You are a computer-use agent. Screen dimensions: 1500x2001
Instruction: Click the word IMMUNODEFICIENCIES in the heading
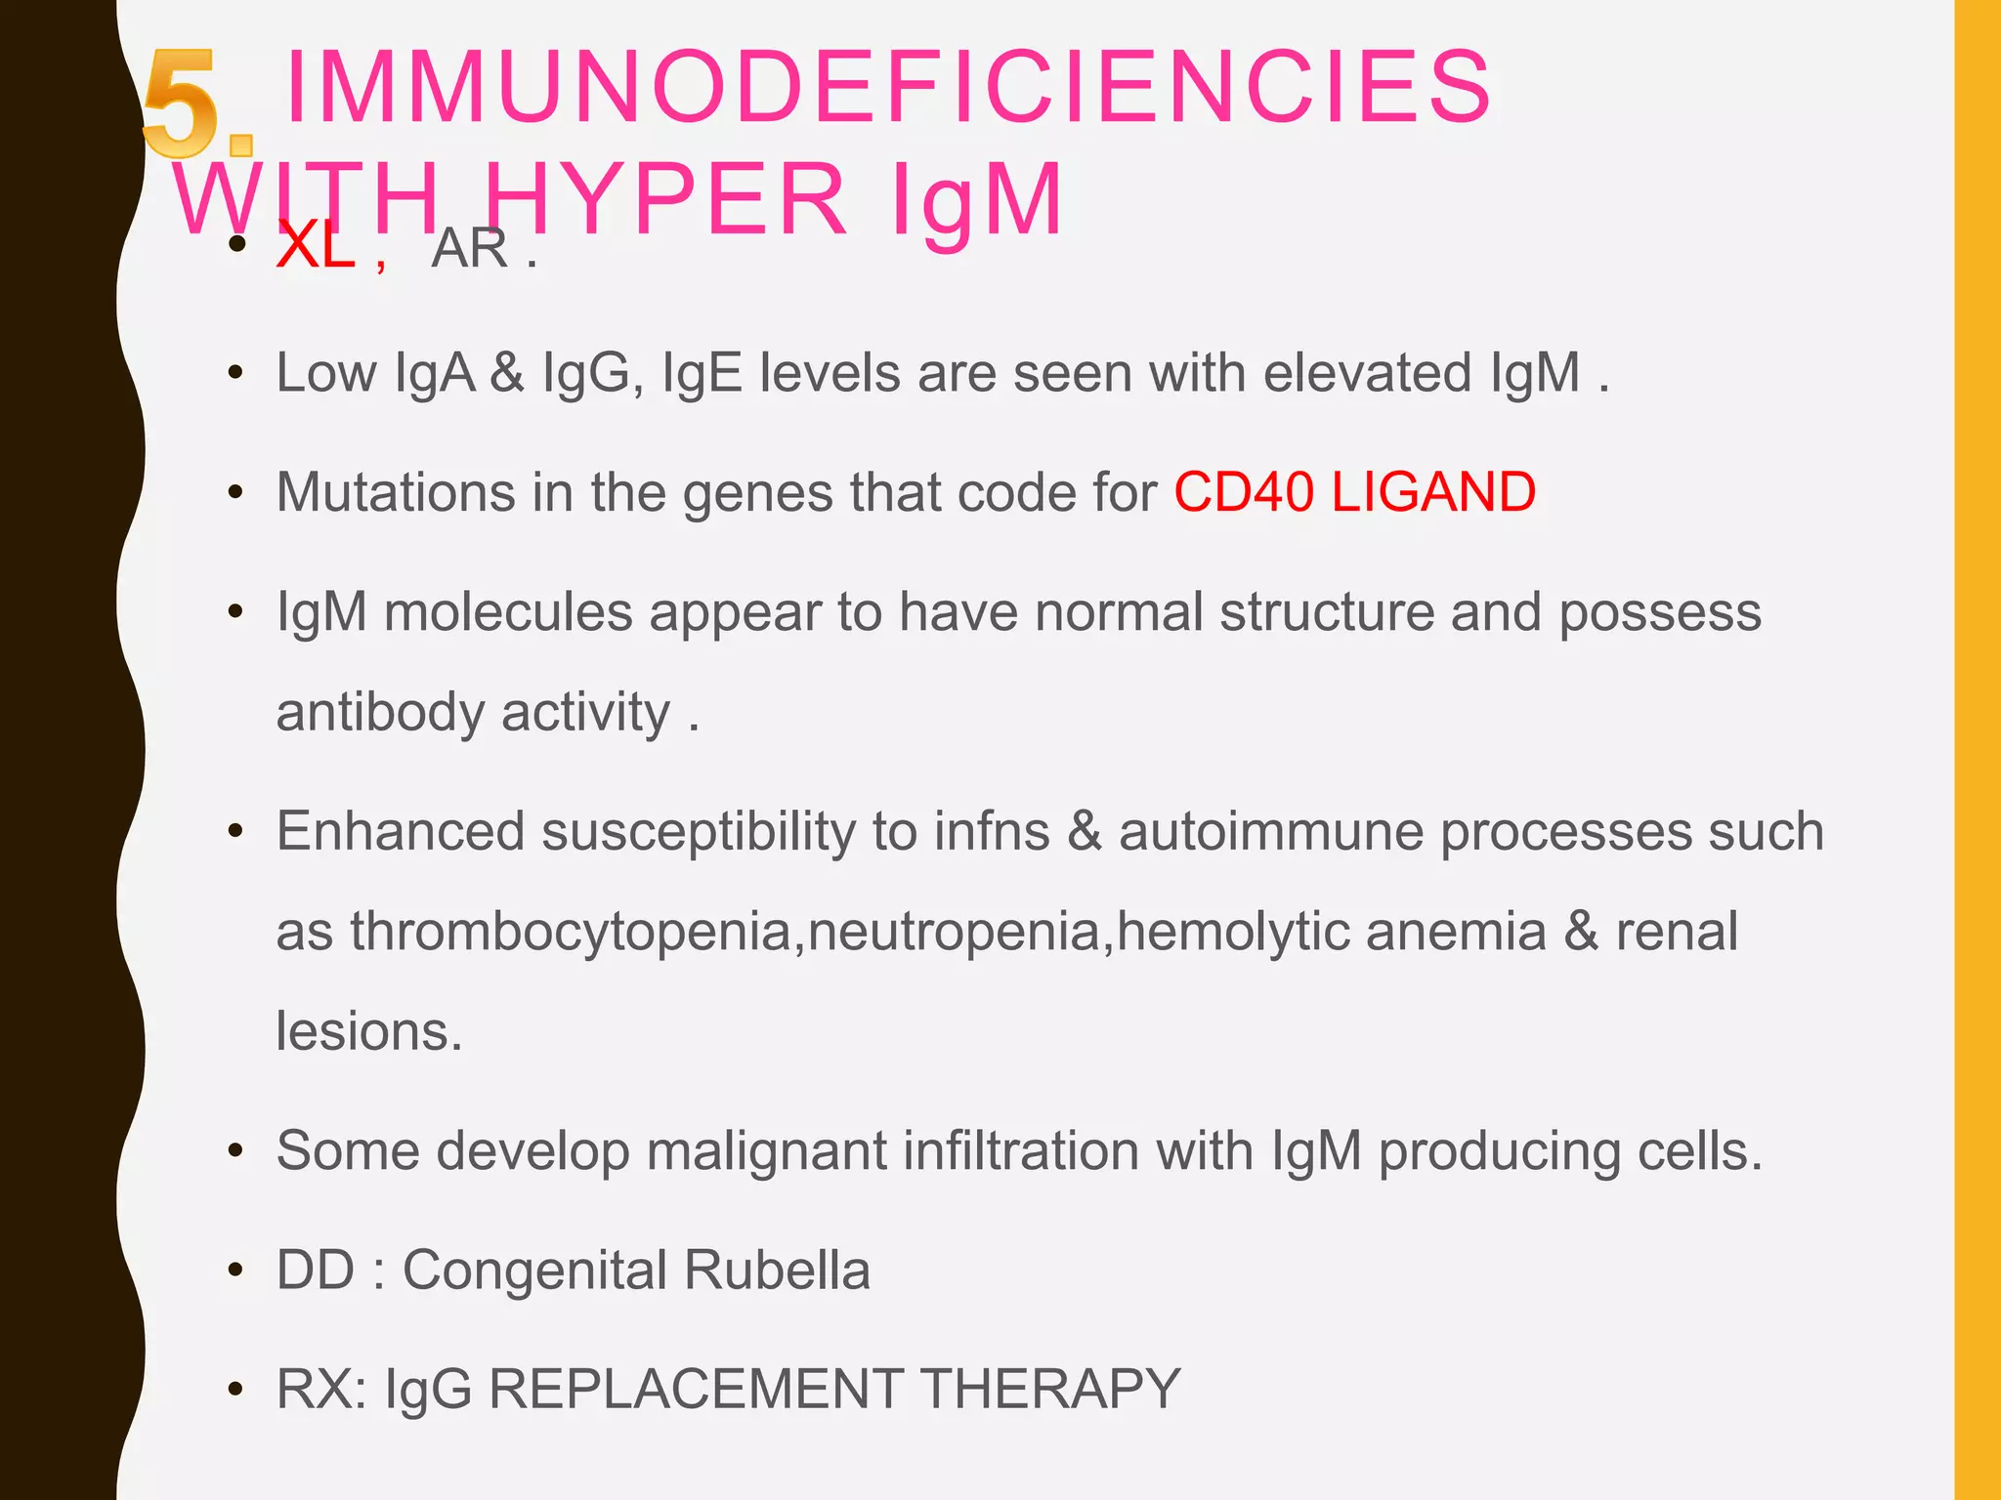pos(887,88)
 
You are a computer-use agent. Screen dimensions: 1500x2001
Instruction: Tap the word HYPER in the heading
pos(664,200)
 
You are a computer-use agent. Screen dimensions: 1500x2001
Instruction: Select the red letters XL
pos(315,246)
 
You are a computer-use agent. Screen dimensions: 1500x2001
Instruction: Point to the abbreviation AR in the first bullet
pos(470,248)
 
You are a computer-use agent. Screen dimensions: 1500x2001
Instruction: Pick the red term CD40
pos(1244,491)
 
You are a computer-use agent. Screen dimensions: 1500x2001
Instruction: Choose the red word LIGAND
pos(1433,491)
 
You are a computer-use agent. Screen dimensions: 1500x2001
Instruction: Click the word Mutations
pos(395,491)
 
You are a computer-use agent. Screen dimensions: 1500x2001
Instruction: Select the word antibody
pos(380,712)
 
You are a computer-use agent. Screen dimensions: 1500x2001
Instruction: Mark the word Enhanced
pos(401,831)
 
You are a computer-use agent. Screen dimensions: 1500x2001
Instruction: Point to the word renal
pos(1677,931)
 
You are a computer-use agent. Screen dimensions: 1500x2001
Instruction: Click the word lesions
pos(368,1031)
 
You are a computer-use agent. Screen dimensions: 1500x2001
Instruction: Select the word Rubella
pos(777,1270)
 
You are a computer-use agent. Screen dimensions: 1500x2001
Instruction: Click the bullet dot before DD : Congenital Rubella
pos(234,1271)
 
